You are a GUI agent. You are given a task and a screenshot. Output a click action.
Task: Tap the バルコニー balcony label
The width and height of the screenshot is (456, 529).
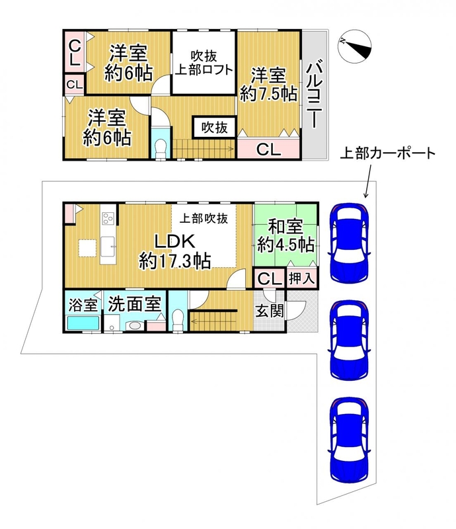[315, 94]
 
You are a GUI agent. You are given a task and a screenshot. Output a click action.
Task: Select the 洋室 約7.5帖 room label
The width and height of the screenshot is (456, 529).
[268, 85]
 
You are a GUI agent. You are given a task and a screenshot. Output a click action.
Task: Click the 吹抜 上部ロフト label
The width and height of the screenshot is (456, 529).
[204, 63]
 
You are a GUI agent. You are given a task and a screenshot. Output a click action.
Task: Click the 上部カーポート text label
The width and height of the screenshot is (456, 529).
[388, 153]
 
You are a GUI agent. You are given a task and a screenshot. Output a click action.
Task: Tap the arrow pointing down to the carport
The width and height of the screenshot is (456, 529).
[368, 181]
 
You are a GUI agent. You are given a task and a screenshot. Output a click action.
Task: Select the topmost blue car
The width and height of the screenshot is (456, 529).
[350, 243]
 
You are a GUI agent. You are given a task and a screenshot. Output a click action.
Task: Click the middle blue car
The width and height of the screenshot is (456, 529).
[350, 340]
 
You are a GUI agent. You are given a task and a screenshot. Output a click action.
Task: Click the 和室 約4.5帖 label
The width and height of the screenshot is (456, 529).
[285, 236]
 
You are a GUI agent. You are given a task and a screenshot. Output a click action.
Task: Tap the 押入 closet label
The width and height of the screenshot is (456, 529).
[302, 278]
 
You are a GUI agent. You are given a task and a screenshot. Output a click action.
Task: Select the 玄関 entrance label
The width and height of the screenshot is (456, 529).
[269, 311]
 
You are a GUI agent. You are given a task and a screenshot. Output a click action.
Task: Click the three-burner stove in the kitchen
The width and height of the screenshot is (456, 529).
[108, 218]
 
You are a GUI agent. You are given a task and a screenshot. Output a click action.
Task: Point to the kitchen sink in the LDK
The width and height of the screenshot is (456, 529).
[108, 247]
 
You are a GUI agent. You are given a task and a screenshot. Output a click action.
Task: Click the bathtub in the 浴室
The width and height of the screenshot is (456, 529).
[83, 323]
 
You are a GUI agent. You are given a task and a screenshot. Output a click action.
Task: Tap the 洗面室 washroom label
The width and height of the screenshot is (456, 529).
[134, 304]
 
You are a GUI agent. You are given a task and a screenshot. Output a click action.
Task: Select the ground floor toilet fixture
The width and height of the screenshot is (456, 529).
[177, 319]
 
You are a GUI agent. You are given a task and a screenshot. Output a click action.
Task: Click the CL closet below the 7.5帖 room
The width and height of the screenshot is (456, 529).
[268, 149]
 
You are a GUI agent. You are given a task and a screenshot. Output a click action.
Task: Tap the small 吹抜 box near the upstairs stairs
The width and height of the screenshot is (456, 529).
[214, 128]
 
